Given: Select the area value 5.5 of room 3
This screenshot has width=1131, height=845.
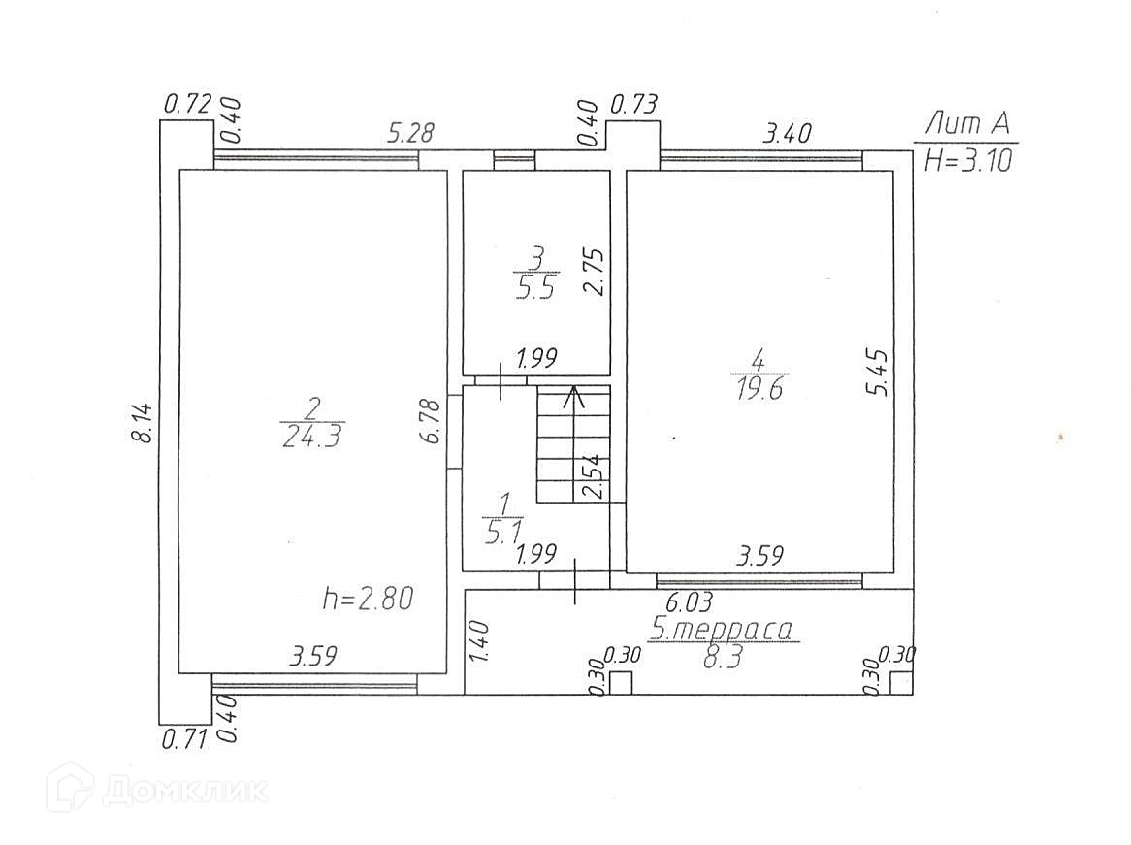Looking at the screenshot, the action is (x=535, y=288).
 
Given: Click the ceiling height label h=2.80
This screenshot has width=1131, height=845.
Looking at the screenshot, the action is (x=368, y=599).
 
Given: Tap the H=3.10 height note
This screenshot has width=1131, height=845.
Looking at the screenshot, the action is (x=967, y=160).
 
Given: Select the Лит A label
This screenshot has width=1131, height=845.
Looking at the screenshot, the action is (x=967, y=124).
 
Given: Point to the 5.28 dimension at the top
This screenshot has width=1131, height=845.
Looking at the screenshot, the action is (x=410, y=133).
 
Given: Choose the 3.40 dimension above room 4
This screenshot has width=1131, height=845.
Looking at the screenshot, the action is (x=787, y=133).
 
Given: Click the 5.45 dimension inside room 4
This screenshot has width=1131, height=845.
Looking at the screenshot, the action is (x=879, y=373).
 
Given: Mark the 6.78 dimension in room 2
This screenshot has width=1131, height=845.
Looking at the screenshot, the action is (x=431, y=421).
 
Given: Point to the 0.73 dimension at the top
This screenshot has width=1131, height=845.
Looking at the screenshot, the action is (x=635, y=104).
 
